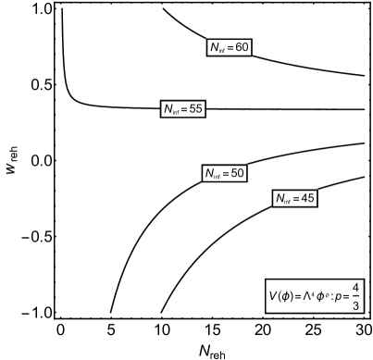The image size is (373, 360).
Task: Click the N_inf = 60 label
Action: pos(229,48)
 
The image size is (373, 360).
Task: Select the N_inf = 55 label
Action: pos(182,109)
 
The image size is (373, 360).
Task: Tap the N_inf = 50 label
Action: pos(224,173)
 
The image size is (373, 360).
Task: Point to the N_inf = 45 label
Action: pos(295,199)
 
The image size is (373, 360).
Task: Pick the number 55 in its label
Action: pos(195,109)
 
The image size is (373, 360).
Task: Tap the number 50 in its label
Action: pos(237,173)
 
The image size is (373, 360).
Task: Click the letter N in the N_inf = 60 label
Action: pos(214,48)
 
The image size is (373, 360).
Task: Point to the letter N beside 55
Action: pos(168,109)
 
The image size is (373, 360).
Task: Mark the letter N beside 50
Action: pos(209,173)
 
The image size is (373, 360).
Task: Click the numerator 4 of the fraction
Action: pos(357,287)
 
